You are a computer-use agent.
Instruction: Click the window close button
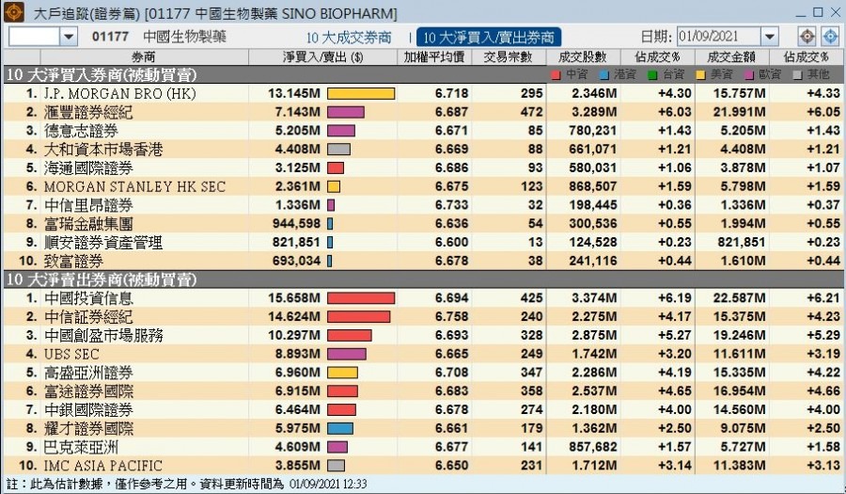[831, 12]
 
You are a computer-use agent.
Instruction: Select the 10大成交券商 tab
[349, 37]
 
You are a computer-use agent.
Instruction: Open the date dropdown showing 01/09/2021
[770, 37]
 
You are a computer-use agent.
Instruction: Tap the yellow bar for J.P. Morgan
[360, 94]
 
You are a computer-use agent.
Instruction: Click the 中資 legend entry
[570, 73]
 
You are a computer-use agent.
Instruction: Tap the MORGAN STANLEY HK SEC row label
[134, 186]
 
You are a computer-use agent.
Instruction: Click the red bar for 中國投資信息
[360, 298]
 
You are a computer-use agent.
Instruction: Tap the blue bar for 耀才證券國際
[339, 428]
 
